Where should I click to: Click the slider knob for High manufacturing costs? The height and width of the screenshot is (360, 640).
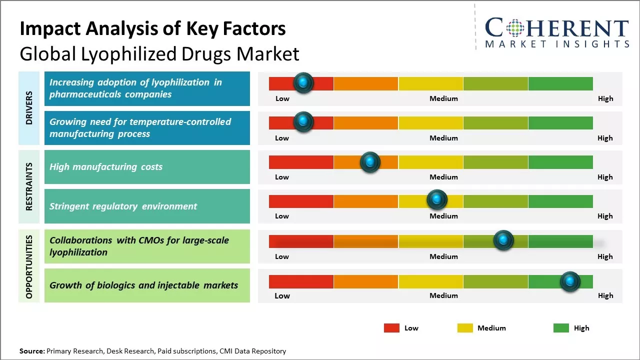(370, 162)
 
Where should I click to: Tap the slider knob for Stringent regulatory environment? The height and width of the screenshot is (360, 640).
(437, 200)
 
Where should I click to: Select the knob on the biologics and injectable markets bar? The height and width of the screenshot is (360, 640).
(570, 281)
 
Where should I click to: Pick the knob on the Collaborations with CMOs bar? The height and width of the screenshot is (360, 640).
(503, 240)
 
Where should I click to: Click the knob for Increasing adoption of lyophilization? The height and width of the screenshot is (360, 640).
(303, 83)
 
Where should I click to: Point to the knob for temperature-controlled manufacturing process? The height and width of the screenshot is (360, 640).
(303, 122)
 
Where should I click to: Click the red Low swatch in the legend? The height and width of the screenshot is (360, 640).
(391, 328)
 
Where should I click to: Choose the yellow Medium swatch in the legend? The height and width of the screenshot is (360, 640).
(465, 328)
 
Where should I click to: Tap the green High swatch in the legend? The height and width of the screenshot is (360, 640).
(561, 328)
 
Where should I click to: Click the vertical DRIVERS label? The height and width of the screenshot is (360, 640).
(29, 108)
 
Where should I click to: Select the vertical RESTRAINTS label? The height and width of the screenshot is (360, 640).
(29, 186)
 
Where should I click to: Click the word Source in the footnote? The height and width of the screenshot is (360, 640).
(32, 351)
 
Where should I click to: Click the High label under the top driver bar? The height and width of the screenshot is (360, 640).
(605, 98)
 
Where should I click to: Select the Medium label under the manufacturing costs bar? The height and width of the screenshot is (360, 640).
(443, 177)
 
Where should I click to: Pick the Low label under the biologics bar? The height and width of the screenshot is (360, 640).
(282, 295)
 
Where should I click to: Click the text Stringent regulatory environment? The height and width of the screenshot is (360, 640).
(123, 206)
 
